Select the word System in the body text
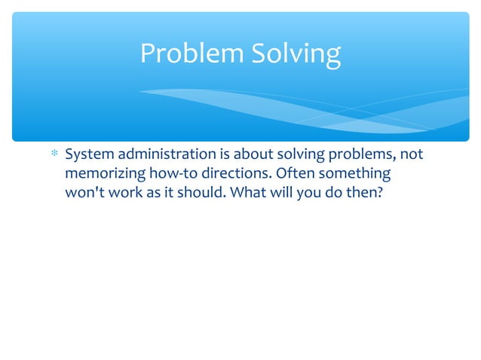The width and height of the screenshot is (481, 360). click(x=87, y=155)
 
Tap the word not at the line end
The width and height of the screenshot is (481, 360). click(x=412, y=155)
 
